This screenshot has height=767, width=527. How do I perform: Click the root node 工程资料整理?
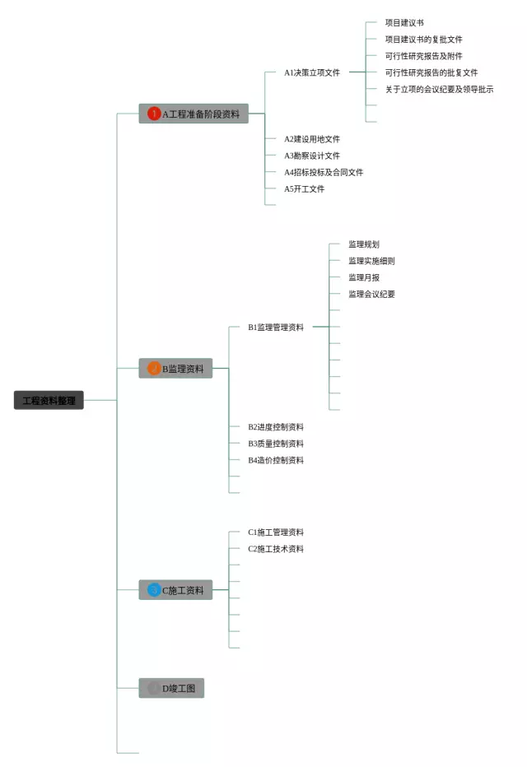point(49,400)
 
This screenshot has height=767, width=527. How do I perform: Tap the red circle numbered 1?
point(154,114)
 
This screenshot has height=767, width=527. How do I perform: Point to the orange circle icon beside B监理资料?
point(154,368)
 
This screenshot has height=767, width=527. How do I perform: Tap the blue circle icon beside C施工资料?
point(154,589)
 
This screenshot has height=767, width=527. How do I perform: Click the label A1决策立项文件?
point(312,72)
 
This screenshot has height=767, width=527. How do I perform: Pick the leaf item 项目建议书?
point(404,23)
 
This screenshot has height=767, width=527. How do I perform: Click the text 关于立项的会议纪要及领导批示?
point(439,89)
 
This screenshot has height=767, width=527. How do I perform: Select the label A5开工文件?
point(305,188)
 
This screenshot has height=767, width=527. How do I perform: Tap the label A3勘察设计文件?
point(312,156)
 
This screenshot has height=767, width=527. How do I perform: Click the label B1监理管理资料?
point(276,327)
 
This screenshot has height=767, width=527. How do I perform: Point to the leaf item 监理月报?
point(364,277)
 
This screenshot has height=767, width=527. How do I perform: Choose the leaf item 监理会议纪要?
point(371,294)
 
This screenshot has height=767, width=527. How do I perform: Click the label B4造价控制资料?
point(276,460)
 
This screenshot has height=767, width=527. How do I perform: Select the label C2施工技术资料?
point(276,549)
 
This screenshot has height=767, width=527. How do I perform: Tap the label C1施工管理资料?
point(276,532)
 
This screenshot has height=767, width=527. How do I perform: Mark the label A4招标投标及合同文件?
point(324,172)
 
